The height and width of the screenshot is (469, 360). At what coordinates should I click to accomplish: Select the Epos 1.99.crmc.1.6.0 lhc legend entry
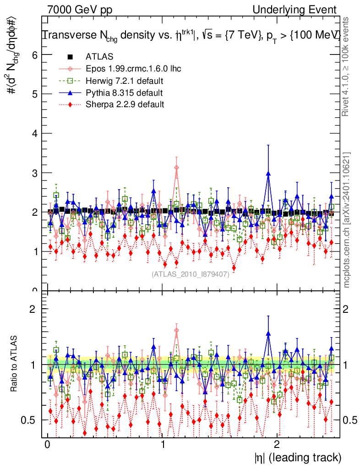click(x=133, y=69)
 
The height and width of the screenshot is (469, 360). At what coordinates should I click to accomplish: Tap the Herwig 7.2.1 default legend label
click(x=125, y=81)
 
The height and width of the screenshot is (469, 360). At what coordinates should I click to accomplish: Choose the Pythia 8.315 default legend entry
click(x=124, y=93)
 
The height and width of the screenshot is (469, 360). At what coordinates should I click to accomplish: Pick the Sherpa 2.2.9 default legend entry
click(x=125, y=104)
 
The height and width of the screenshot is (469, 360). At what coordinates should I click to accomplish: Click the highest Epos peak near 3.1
click(x=176, y=168)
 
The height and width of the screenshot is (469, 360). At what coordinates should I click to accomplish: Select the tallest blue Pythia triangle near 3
click(x=268, y=174)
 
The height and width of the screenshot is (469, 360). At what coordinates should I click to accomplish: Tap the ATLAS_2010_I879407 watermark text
click(x=191, y=274)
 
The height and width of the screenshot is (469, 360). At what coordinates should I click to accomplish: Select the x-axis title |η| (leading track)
click(x=298, y=458)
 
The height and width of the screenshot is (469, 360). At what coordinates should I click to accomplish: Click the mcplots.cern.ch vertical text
click(x=347, y=220)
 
